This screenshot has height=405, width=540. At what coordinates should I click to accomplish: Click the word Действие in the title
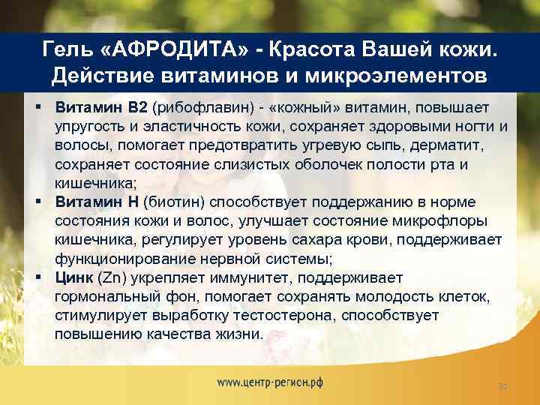point(97,76)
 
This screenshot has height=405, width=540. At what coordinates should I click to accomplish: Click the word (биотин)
point(178,202)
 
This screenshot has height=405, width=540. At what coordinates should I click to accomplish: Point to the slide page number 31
point(503,386)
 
